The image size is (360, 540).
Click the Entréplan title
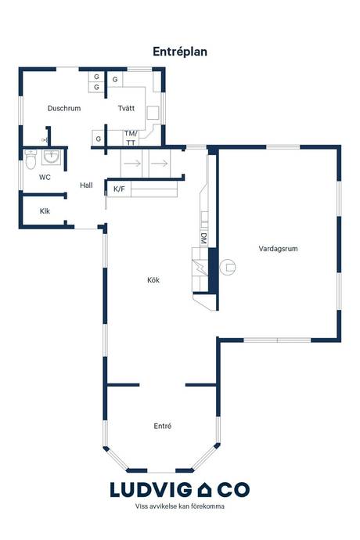coord(180,52)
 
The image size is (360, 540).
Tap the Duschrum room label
coord(64,108)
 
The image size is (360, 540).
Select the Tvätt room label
coord(126,108)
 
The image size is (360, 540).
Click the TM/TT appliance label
coord(131,138)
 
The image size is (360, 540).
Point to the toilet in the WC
coord(31,159)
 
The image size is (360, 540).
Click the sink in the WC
coord(52,157)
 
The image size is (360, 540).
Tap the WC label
coord(45,178)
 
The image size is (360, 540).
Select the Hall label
coord(86,185)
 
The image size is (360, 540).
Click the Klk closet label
coord(45,211)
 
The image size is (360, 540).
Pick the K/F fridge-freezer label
coord(119,189)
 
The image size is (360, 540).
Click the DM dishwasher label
coord(203,239)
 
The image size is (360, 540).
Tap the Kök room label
coord(153,280)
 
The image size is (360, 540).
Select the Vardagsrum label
coord(278,249)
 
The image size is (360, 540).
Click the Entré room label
coord(163,426)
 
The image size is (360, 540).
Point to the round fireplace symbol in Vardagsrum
coord(228,267)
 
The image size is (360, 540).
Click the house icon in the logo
coord(204,490)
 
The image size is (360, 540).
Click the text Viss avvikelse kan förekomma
coord(180,506)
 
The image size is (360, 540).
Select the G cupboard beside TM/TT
coord(98,139)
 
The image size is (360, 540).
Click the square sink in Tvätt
coord(153,113)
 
